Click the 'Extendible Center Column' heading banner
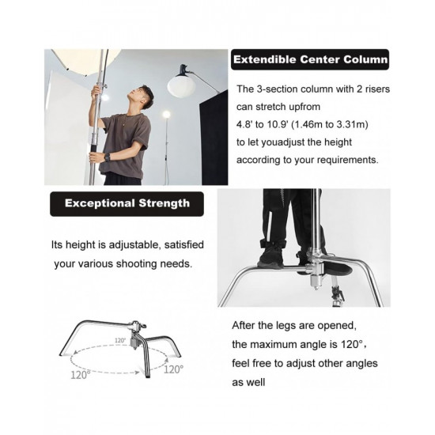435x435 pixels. pyautogui.click(x=309, y=59)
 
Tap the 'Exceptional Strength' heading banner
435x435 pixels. pyautogui.click(x=127, y=203)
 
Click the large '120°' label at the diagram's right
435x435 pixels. pyautogui.click(x=173, y=369)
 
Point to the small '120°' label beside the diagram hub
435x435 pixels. pyautogui.click(x=119, y=341)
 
